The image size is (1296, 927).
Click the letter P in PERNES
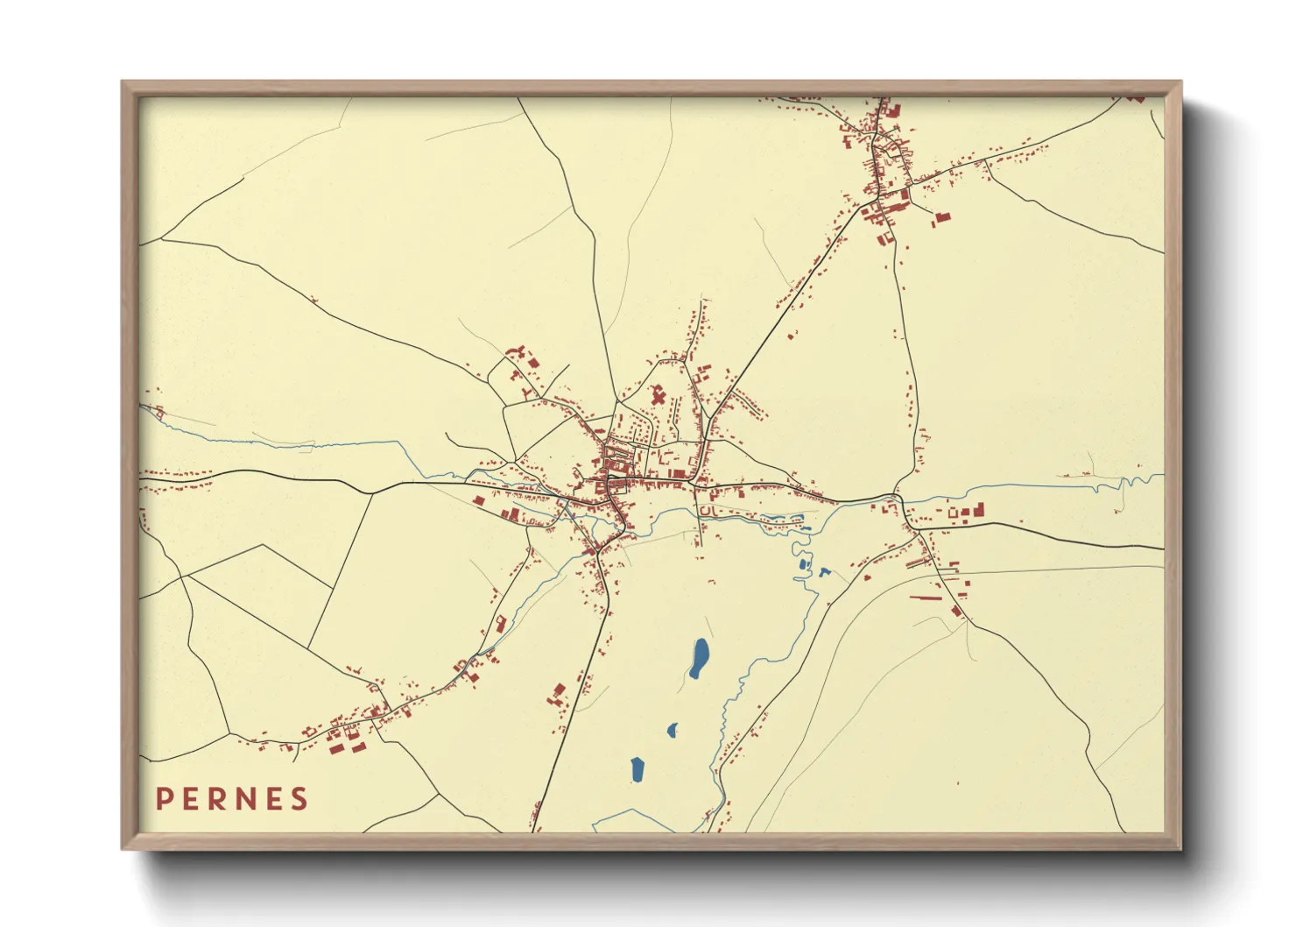[163, 799]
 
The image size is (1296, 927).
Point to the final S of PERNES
[300, 799]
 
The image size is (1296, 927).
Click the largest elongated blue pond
[700, 658]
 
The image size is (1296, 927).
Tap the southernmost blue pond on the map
[637, 769]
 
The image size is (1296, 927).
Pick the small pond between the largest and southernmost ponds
[673, 729]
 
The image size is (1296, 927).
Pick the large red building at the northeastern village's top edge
[894, 110]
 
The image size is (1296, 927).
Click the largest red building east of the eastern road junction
[979, 508]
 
